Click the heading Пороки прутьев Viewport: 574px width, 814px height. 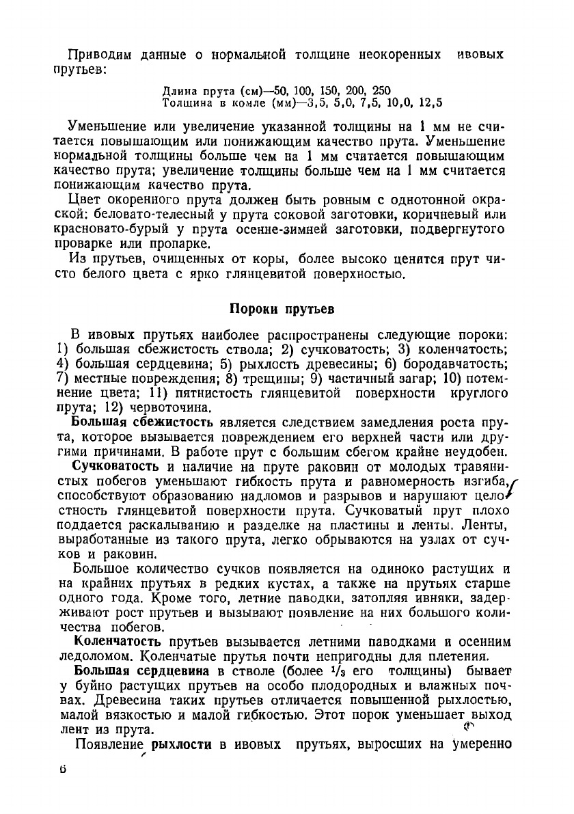(281, 308)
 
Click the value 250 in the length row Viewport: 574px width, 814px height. (381, 90)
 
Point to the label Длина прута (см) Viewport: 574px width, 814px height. (210, 90)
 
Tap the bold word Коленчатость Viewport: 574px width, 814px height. (118, 641)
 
